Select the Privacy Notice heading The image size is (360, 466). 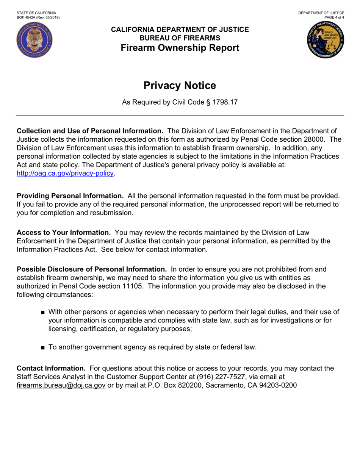(x=180, y=86)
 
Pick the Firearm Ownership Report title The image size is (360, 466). (x=180, y=48)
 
